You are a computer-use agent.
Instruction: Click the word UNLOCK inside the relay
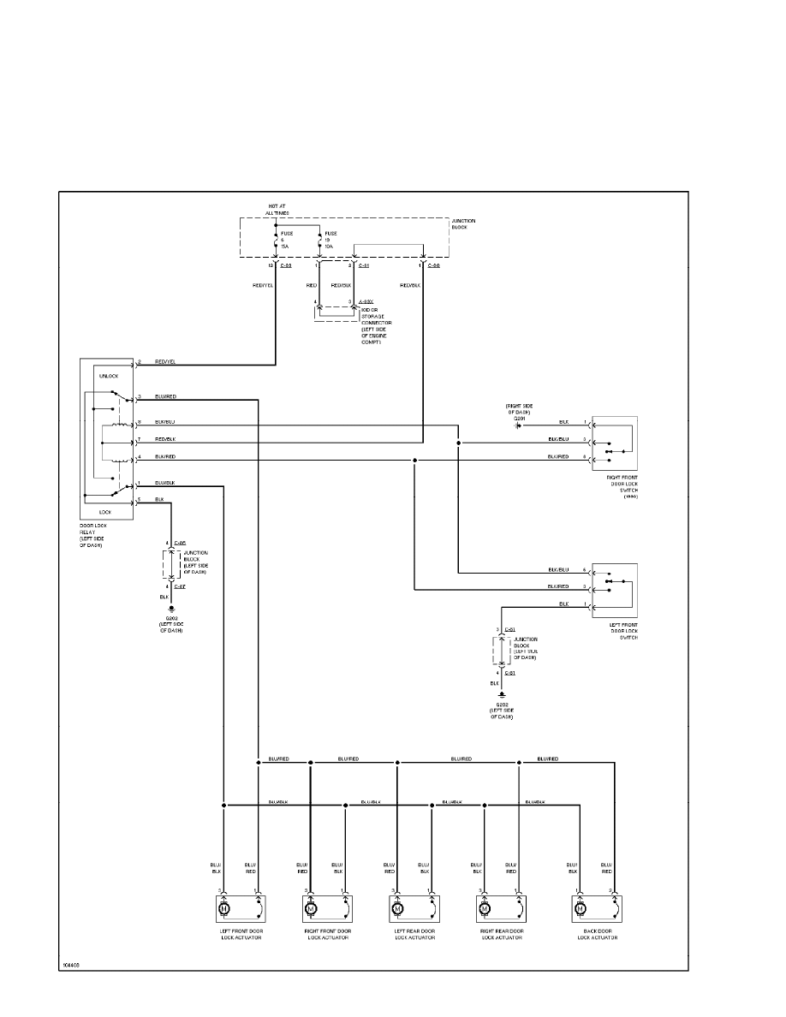110,377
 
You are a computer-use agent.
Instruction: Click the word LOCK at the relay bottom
105,511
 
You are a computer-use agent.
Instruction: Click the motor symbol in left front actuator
223,907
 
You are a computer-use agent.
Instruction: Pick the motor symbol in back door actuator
581,907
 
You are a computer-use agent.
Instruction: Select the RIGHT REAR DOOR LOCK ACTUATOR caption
503,934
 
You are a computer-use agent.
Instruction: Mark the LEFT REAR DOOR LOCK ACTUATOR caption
414,934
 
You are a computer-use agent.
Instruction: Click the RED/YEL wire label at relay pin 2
166,362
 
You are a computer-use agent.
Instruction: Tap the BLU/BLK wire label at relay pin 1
166,484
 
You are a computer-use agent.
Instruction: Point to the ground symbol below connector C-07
171,609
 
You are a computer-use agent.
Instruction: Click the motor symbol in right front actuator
310,907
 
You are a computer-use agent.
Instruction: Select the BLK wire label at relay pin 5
159,499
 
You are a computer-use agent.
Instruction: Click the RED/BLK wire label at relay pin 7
166,438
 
